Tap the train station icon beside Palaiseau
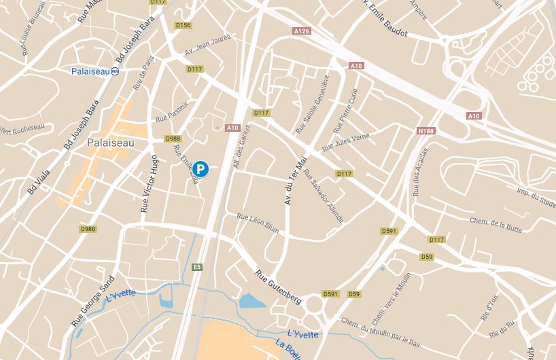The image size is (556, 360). (115, 71)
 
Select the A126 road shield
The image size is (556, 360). (302, 31)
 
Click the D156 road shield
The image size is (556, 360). (183, 25)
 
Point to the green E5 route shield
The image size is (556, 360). (198, 267)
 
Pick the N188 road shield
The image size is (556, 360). (426, 130)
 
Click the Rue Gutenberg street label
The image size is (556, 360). (278, 287)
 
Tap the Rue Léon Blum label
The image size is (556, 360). (258, 224)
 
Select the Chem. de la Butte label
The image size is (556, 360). (496, 226)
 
